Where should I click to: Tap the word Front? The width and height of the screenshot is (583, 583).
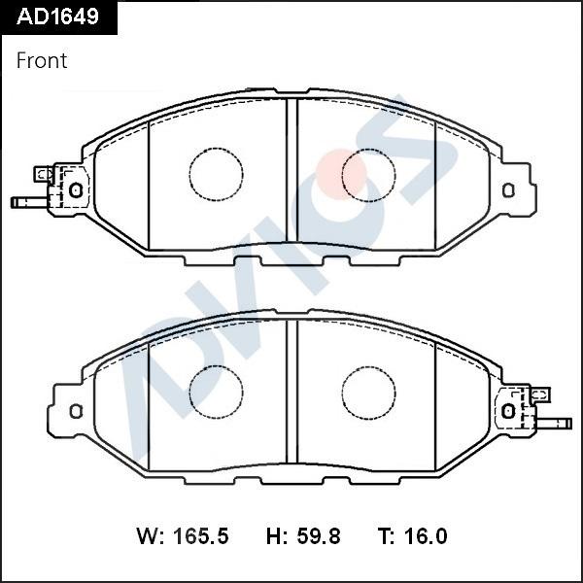pyautogui.click(x=42, y=60)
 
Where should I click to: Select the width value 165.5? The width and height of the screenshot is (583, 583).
pyautogui.click(x=200, y=536)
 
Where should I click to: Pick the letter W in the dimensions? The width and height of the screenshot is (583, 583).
pyautogui.click(x=147, y=536)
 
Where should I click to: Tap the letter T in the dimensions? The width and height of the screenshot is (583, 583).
pyautogui.click(x=385, y=536)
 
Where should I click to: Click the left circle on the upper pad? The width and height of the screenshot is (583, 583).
pyautogui.click(x=215, y=175)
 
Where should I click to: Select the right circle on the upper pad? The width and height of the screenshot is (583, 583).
pyautogui.click(x=368, y=175)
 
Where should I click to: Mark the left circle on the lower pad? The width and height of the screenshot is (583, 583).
pyautogui.click(x=215, y=393)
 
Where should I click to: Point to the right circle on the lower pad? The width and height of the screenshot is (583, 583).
pyautogui.click(x=368, y=393)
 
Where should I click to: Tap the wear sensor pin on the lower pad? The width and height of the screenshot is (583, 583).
pyautogui.click(x=557, y=424)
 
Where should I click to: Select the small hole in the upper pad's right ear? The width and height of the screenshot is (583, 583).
pyautogui.click(x=507, y=189)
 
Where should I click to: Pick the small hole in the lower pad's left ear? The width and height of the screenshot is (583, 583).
pyautogui.click(x=76, y=410)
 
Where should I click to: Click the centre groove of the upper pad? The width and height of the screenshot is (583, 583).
pyautogui.click(x=291, y=175)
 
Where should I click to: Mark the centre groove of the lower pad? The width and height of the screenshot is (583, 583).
pyautogui.click(x=291, y=393)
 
